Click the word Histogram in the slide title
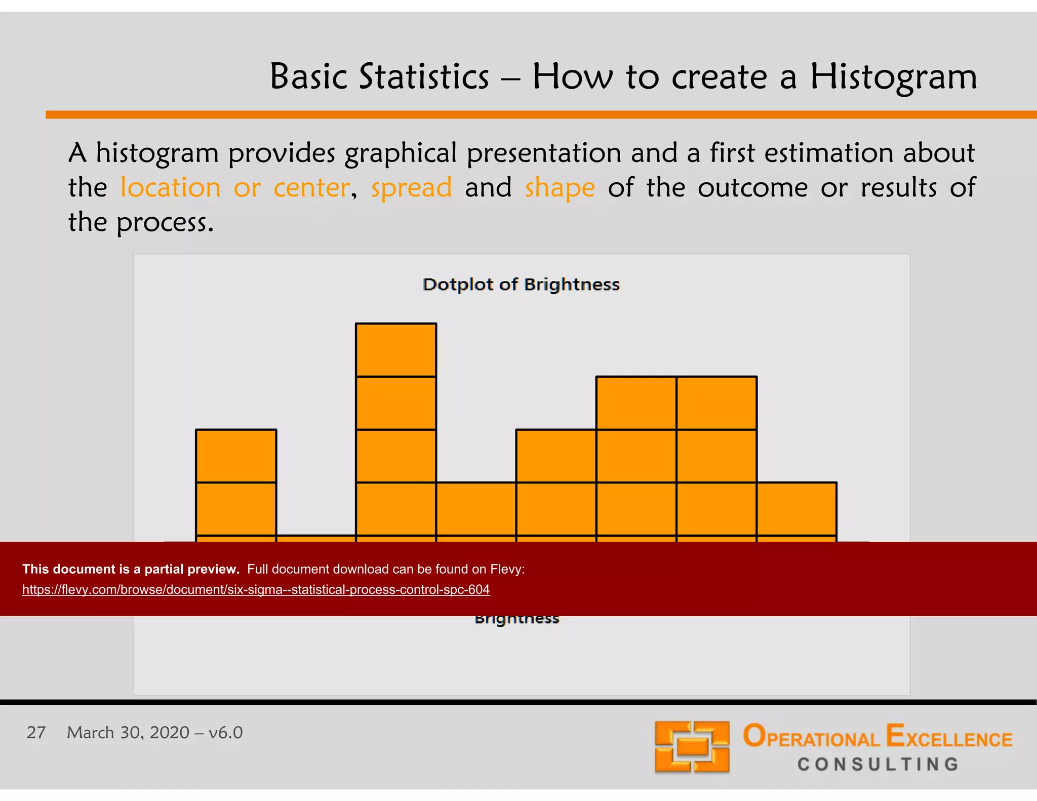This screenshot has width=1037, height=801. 893,77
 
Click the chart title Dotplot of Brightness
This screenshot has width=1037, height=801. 521,285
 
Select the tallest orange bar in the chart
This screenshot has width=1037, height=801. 396,430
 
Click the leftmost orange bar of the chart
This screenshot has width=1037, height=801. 236,484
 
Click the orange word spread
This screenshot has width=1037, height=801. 411,188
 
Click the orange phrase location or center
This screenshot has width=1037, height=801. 234,188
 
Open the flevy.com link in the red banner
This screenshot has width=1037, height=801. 256,590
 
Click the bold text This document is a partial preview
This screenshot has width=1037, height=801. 131,569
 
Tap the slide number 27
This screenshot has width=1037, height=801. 36,733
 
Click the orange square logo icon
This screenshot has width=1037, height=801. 692,747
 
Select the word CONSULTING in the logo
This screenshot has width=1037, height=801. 878,765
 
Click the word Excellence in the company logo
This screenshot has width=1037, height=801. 949,737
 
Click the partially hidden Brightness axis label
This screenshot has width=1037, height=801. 517,620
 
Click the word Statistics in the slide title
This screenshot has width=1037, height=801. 424,77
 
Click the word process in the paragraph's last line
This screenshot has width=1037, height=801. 165,223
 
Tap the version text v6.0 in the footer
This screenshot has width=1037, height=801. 225,733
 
